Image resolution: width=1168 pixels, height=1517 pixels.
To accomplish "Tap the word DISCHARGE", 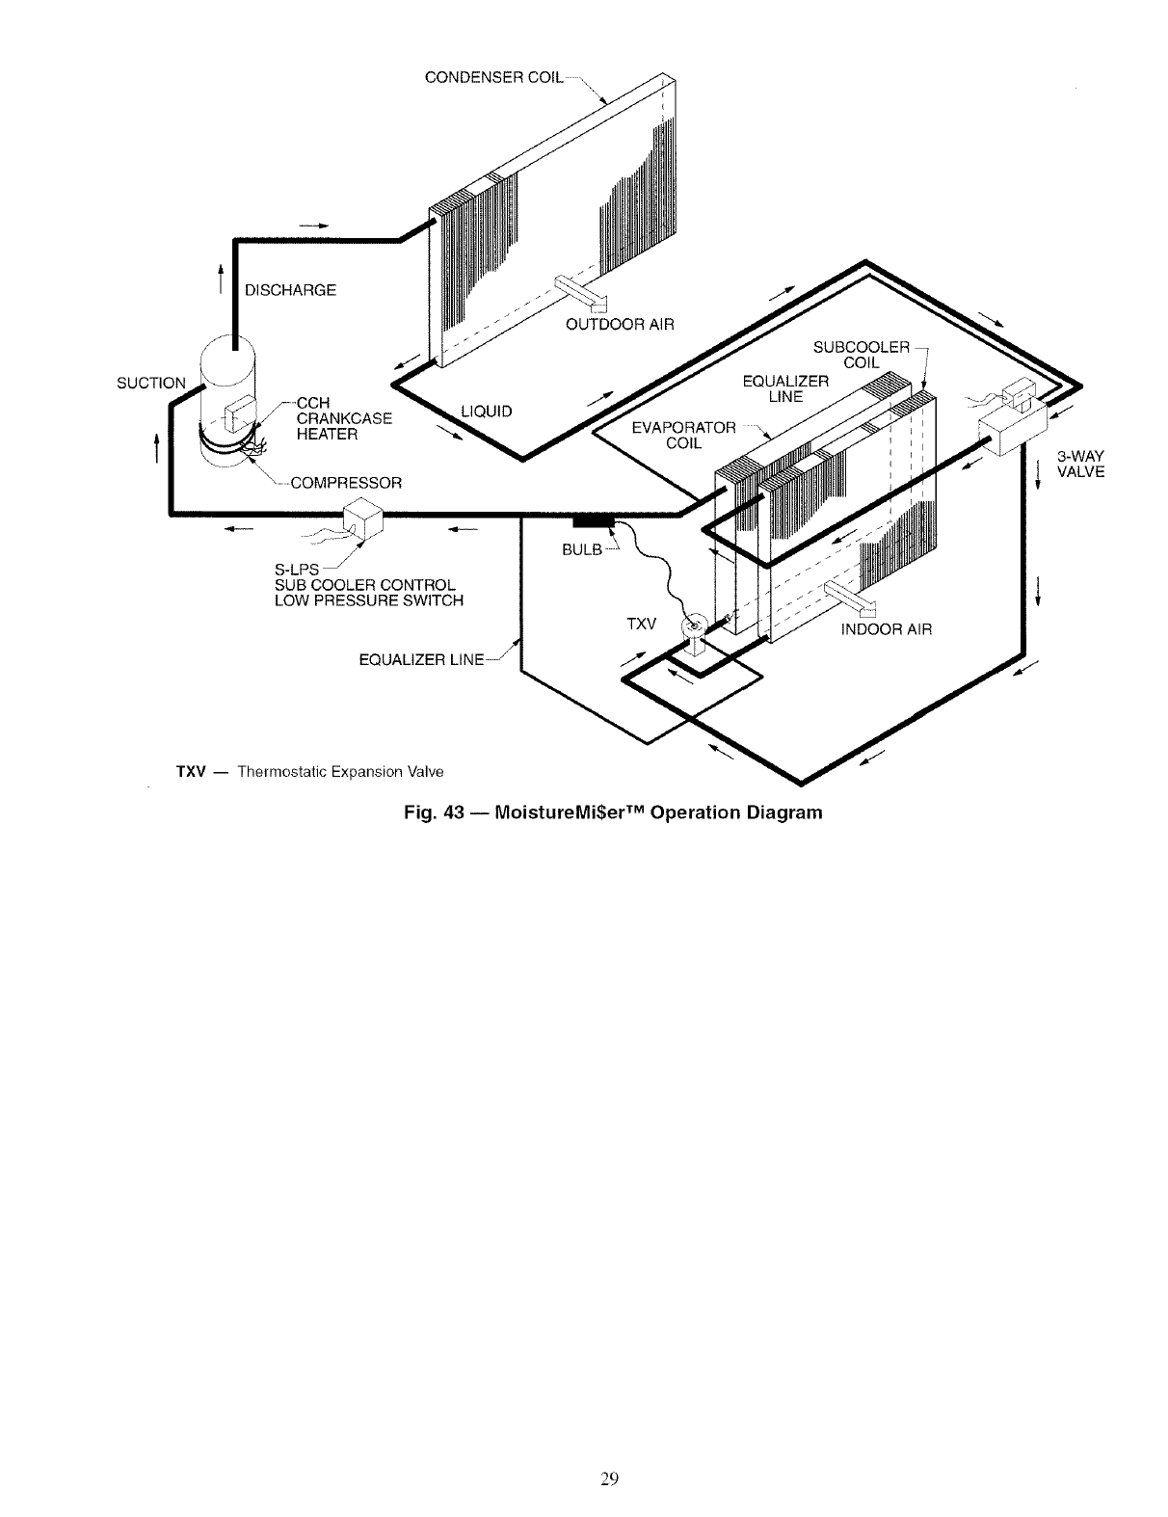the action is (x=290, y=290).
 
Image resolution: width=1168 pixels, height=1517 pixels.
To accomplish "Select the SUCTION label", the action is (x=150, y=383).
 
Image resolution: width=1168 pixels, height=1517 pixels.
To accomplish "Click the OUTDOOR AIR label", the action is (x=613, y=324).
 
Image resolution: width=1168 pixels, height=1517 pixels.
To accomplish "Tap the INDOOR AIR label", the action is (x=887, y=629).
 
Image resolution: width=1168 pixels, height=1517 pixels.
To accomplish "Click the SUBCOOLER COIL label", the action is (x=862, y=355).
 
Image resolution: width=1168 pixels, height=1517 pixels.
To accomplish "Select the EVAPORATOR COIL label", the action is (x=683, y=435).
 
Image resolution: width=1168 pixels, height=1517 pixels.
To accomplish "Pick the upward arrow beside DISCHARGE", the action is (x=221, y=277).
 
